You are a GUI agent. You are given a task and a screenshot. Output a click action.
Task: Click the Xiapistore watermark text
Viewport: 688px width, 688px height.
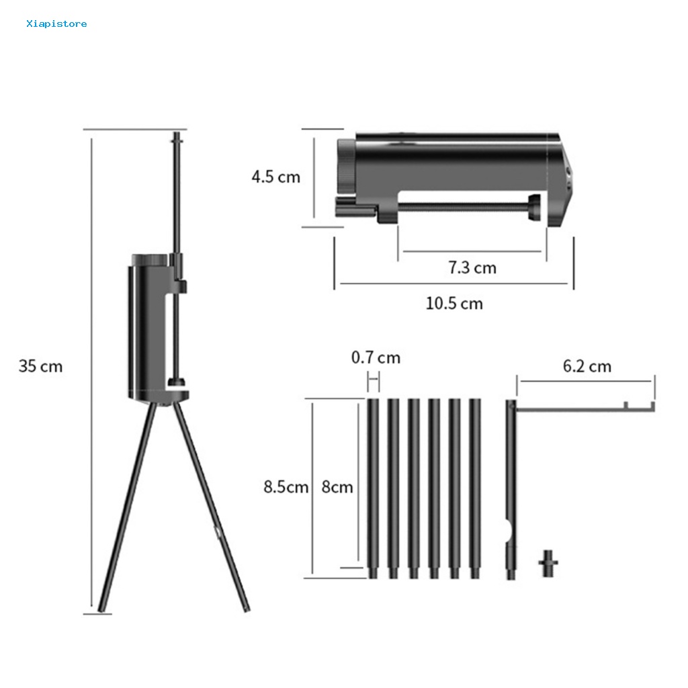pos(56,24)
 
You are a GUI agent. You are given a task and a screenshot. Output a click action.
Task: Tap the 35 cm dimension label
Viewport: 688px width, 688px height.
pos(41,366)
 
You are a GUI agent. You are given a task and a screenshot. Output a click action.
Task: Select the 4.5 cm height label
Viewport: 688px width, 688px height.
pos(276,177)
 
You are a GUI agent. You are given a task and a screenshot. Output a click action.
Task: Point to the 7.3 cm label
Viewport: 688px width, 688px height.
pos(472,267)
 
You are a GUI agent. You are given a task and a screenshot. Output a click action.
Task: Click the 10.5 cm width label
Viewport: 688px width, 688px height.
pos(454,304)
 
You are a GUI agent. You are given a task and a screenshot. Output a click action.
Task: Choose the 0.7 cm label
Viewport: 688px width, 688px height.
pos(376,357)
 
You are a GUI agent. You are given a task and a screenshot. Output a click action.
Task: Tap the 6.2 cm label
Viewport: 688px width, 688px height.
pos(587,366)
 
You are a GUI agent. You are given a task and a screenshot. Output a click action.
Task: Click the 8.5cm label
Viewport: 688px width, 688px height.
pos(286,487)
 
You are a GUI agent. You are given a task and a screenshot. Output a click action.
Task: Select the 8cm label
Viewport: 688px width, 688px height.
pos(337,487)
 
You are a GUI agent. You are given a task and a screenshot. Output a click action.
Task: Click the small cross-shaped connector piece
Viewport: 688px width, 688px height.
pos(548,563)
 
